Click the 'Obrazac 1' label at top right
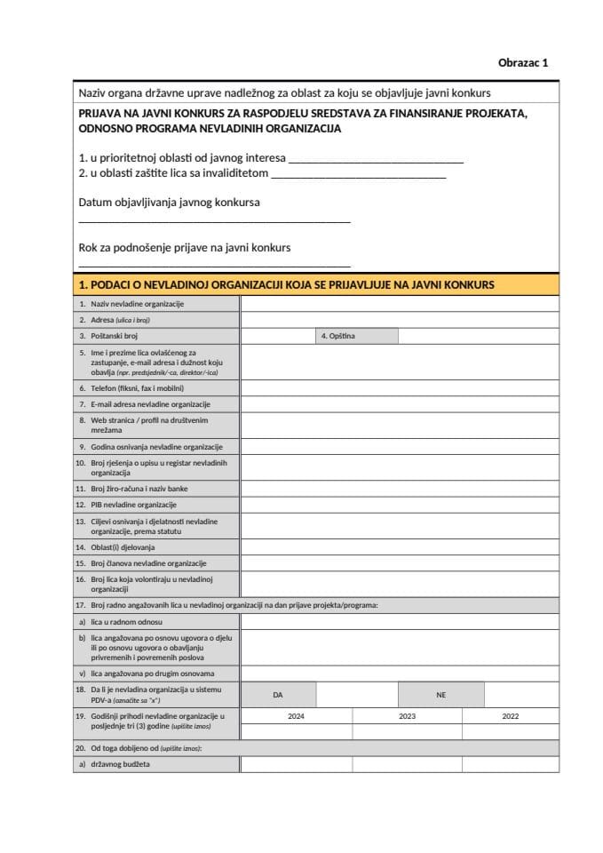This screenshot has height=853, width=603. click(523, 62)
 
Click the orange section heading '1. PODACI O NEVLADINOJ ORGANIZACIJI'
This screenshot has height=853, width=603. click(286, 285)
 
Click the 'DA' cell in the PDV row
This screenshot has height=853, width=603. click(278, 695)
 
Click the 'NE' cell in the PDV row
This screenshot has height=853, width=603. click(440, 695)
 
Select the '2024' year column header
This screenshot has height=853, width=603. click(296, 715)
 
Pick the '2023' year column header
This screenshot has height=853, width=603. click(407, 715)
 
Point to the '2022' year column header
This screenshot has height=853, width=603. click(511, 715)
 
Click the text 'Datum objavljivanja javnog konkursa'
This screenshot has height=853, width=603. click(169, 203)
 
